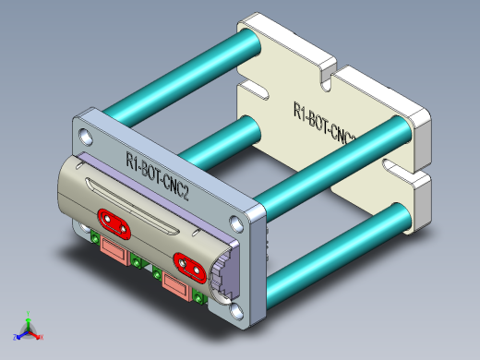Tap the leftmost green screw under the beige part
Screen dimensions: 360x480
[x=95, y=239]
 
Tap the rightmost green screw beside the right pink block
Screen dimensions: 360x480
[x=201, y=297]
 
